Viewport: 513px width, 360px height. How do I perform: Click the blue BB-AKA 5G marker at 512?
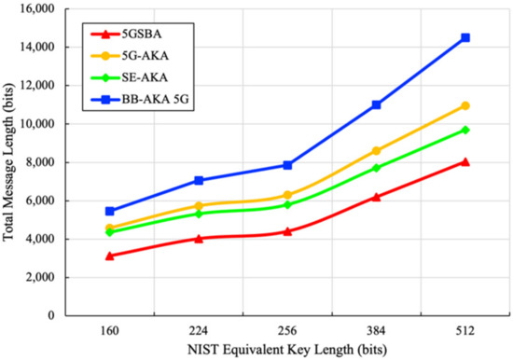coord(465,37)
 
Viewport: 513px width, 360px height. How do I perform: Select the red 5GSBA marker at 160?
coord(110,256)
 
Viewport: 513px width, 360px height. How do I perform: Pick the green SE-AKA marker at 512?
coord(465,130)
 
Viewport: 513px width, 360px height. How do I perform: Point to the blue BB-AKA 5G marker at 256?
coord(287,165)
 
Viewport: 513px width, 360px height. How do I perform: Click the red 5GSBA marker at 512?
coord(465,161)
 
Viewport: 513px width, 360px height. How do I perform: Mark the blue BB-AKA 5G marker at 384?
coord(377,104)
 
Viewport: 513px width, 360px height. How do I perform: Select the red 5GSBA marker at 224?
coord(199,238)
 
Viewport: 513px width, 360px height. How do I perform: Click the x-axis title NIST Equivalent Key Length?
coord(287,350)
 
